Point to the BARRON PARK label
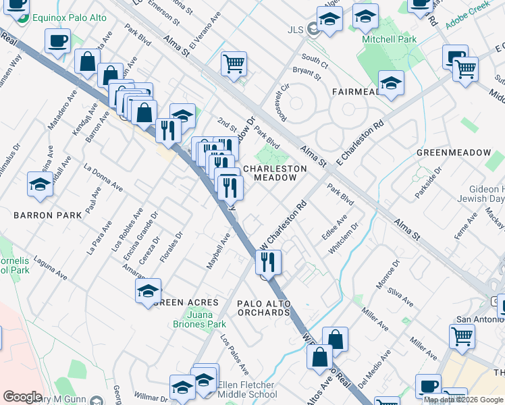click(47, 215)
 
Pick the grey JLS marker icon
click(313, 29)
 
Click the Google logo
click(22, 397)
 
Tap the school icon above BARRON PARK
click(41, 184)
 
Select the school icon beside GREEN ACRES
click(149, 292)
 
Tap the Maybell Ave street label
click(219, 250)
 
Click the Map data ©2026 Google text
click(463, 400)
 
